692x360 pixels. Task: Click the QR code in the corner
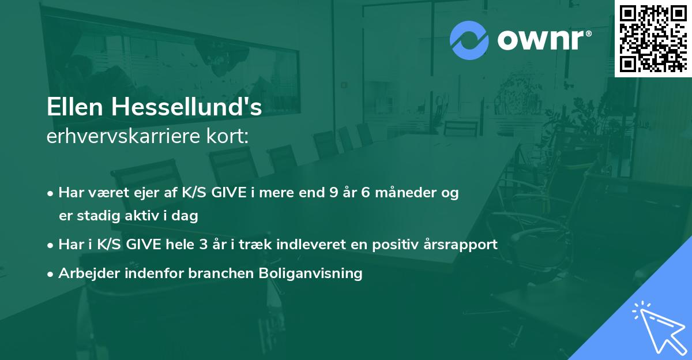(653, 38)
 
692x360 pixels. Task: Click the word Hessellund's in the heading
(185, 108)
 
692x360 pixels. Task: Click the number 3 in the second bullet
(202, 244)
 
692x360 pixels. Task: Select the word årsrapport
(461, 244)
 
